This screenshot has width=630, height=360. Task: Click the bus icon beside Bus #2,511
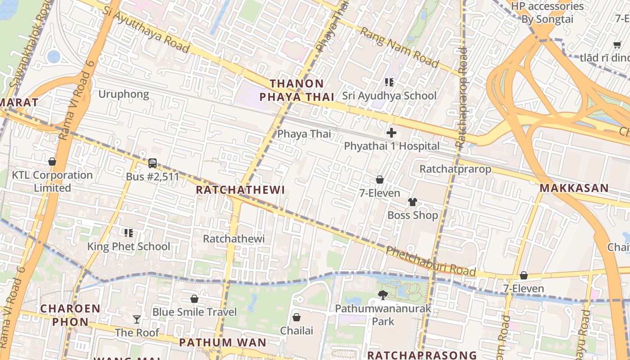click(153, 163)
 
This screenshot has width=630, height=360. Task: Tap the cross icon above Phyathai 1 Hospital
click(391, 133)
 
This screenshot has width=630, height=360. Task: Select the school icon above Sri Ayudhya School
click(389, 82)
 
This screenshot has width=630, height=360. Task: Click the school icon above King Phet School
click(129, 233)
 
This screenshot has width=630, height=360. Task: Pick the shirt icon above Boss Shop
click(413, 202)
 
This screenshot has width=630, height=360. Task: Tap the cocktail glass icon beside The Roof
click(137, 319)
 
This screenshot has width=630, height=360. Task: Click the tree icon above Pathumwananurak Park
click(383, 295)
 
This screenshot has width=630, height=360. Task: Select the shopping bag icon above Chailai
click(297, 317)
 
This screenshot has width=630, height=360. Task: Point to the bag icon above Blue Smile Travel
click(194, 299)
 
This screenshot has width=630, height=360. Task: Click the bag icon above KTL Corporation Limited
click(52, 162)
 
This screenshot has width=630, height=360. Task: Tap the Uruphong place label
click(124, 94)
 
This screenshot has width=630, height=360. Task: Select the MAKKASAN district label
click(574, 188)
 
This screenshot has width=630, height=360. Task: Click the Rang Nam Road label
click(399, 47)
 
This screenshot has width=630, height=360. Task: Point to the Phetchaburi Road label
click(431, 261)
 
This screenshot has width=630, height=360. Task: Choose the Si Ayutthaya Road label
click(146, 30)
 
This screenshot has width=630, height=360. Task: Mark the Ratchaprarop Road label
click(462, 97)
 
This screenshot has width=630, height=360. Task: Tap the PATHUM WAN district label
click(223, 342)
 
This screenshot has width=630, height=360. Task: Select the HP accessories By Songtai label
click(547, 13)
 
